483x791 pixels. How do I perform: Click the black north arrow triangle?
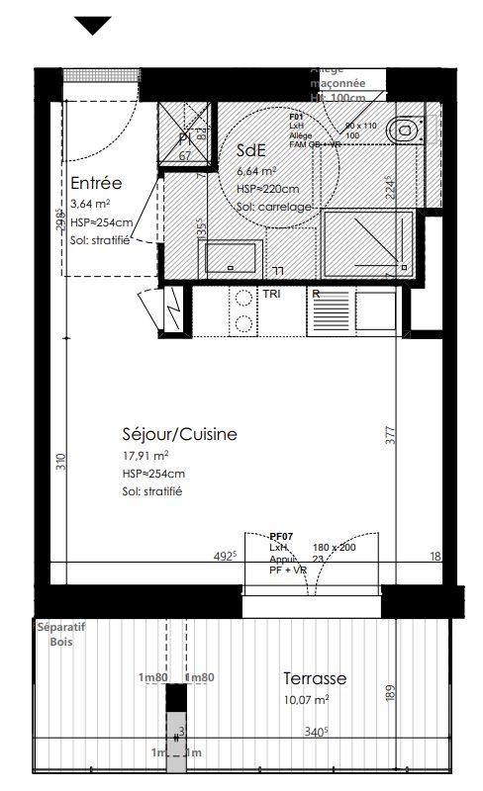pos(94,25)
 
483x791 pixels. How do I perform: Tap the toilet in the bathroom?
pos(405,130)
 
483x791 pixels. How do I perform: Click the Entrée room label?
pos(96,183)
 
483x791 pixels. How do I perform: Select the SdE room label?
pos(251,151)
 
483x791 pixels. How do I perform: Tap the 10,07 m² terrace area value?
pos(306,699)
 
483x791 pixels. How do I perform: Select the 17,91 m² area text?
pos(145,455)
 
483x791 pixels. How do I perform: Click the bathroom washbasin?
pos(229,259)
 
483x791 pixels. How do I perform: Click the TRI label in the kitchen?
pos(271,295)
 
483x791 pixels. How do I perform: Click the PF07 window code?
pos(282,535)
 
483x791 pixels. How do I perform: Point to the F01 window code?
pos(295,117)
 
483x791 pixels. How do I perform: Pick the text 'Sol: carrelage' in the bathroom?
pos(274,207)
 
